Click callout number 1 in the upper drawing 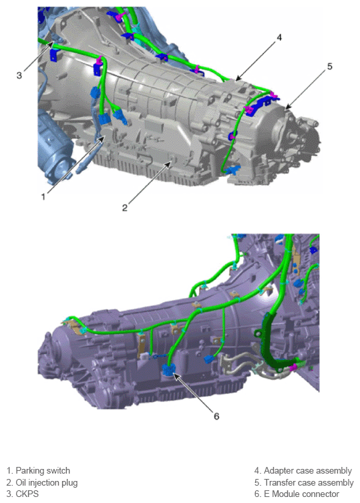click(x=43, y=196)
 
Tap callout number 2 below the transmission click(x=125, y=208)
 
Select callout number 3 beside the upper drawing click(x=19, y=75)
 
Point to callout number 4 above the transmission click(x=279, y=37)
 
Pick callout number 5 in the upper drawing click(x=330, y=66)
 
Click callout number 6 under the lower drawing click(x=216, y=416)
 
